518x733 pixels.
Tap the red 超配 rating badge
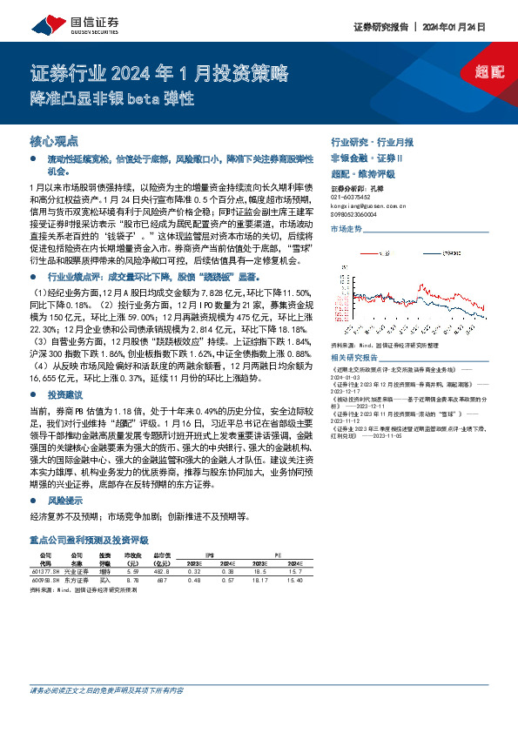point(488,71)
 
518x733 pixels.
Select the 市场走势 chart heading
point(346,229)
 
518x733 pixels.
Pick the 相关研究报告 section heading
point(354,358)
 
